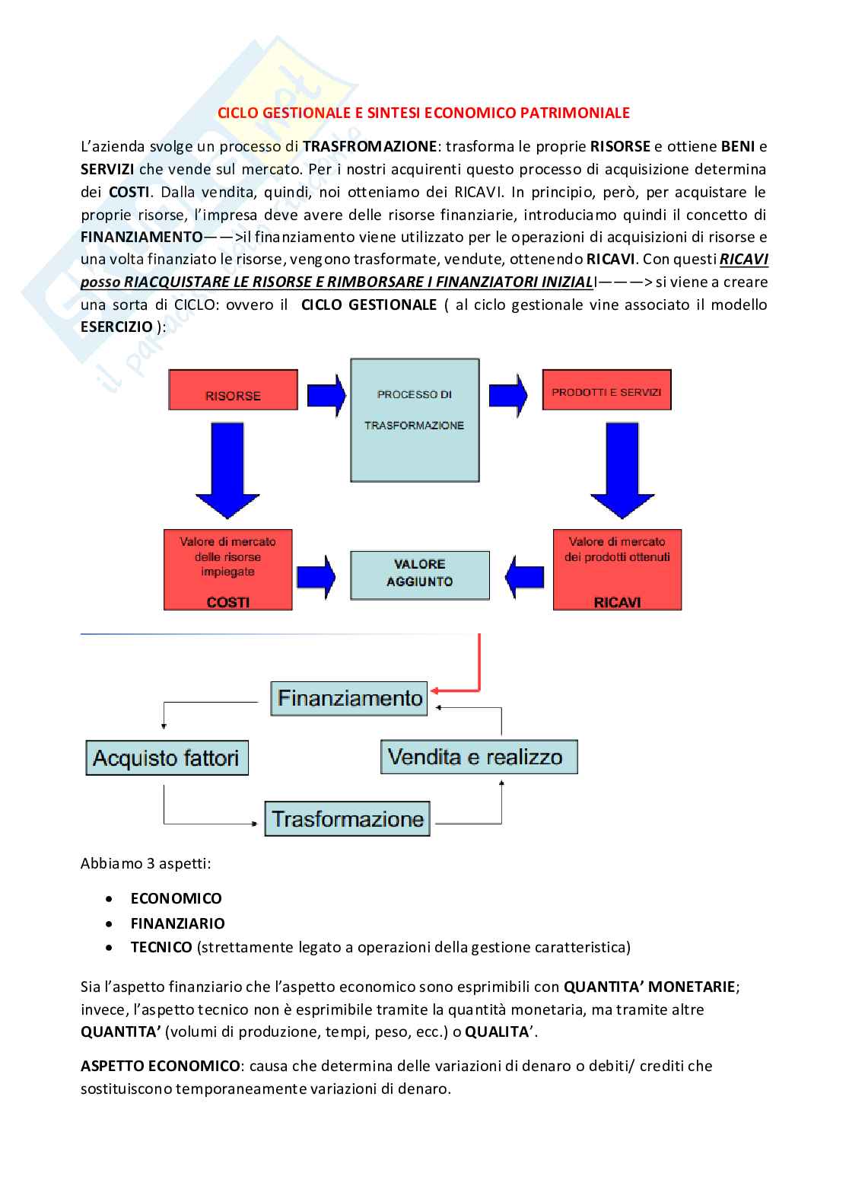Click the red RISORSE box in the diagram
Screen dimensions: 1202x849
(232, 396)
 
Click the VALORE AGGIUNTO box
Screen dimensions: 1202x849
(419, 573)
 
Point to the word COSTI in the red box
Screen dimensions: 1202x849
(228, 602)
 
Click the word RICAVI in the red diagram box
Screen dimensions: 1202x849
(617, 602)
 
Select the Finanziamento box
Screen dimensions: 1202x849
(349, 698)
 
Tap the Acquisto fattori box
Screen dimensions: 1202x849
(167, 757)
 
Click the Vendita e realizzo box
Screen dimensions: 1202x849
(479, 757)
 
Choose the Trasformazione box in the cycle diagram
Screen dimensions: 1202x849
(348, 819)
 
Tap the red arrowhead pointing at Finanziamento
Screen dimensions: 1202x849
(435, 690)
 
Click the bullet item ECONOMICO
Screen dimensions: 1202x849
(176, 898)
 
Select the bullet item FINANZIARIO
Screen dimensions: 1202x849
(177, 923)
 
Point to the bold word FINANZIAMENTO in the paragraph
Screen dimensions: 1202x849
(141, 237)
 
